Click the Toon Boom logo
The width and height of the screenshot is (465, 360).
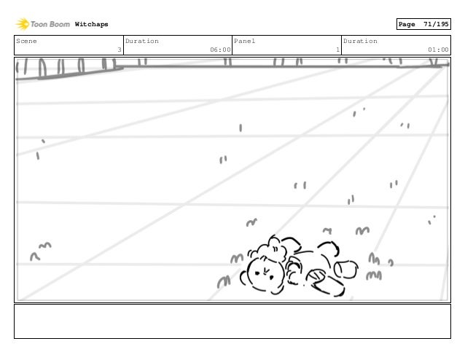click(x=43, y=24)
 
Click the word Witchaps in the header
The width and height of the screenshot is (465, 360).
click(x=91, y=25)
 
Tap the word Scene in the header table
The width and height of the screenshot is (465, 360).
click(x=26, y=42)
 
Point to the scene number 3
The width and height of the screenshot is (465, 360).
click(x=118, y=50)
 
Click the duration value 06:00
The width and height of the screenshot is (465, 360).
click(x=220, y=50)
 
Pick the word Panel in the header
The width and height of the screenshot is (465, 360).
click(x=244, y=42)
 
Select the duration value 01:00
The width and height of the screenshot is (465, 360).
click(x=438, y=50)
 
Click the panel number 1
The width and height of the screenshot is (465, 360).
click(x=337, y=50)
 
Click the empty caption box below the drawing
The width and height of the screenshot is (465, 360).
click(x=232, y=321)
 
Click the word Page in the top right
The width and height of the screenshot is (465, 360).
click(x=407, y=25)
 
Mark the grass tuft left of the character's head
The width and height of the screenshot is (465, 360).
click(x=236, y=259)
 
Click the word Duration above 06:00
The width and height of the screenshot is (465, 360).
click(x=142, y=42)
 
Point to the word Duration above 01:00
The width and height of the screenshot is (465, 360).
click(x=360, y=42)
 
